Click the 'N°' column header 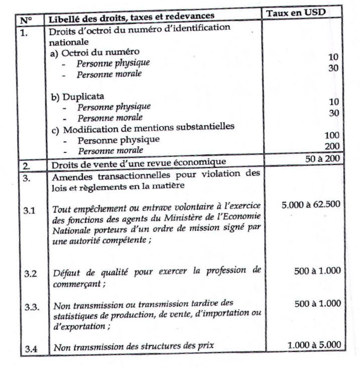pyautogui.click(x=25, y=21)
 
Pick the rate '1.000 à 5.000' pyautogui.click(x=314, y=345)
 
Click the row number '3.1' pyautogui.click(x=29, y=211)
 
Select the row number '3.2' pyautogui.click(x=30, y=274)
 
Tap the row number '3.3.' pyautogui.click(x=32, y=307)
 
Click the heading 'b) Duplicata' pyautogui.click(x=78, y=96)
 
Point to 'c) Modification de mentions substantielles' pyautogui.click(x=143, y=128)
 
